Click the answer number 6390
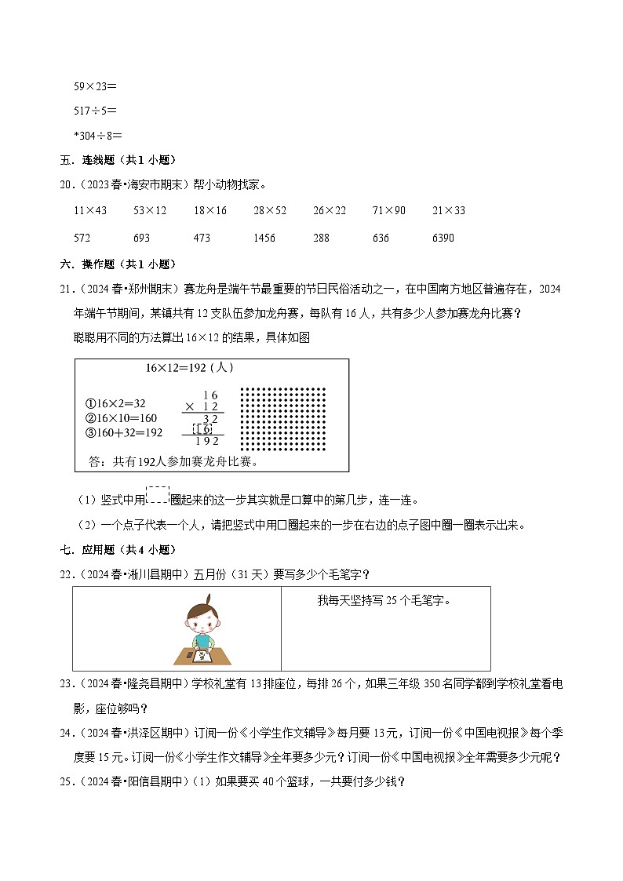click(443, 238)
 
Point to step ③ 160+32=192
click(123, 432)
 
